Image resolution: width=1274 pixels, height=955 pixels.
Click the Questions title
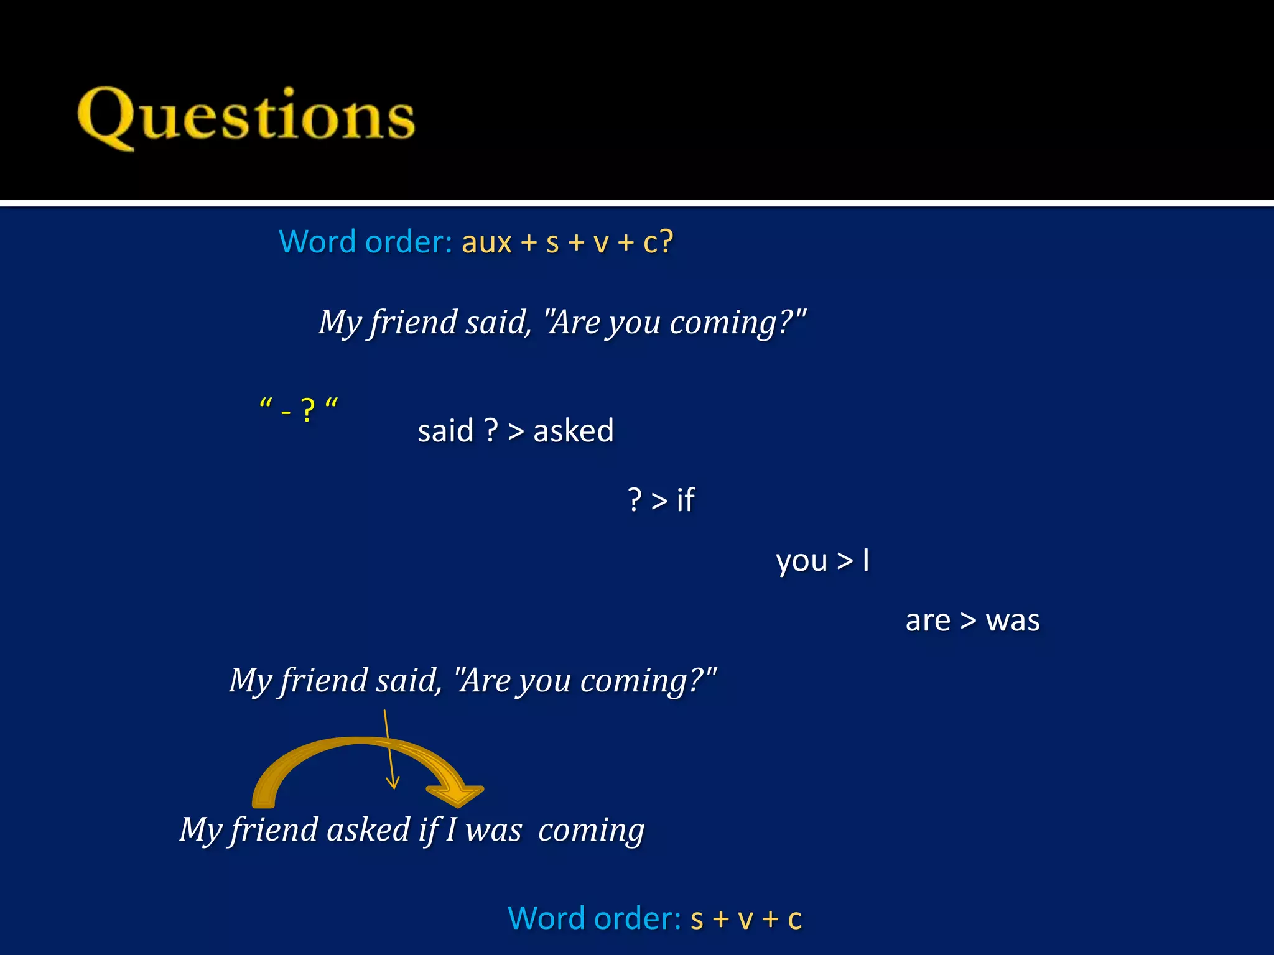click(x=246, y=117)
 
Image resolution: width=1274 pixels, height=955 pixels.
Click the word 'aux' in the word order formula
click(x=486, y=242)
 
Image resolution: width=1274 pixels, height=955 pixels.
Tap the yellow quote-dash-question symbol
click(x=299, y=408)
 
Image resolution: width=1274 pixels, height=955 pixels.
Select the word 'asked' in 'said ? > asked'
click(x=573, y=430)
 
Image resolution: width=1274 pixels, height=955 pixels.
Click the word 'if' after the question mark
click(x=685, y=500)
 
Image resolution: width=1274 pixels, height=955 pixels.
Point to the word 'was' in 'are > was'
click(x=1012, y=621)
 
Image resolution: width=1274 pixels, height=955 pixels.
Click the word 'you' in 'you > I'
click(x=801, y=561)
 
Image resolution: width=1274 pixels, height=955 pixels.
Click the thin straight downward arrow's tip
click(x=393, y=787)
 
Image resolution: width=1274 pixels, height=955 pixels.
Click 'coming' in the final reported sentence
click(x=591, y=830)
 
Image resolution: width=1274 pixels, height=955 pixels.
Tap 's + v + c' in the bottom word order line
click(x=746, y=918)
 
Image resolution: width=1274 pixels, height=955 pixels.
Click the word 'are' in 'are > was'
click(x=928, y=621)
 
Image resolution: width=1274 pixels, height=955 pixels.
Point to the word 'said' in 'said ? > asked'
click(x=445, y=430)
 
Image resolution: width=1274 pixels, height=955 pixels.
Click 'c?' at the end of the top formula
click(x=658, y=242)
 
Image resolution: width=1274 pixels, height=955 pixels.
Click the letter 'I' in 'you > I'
click(x=865, y=560)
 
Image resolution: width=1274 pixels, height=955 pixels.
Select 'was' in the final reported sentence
click(x=493, y=830)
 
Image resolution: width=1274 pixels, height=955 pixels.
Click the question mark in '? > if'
click(x=635, y=500)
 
